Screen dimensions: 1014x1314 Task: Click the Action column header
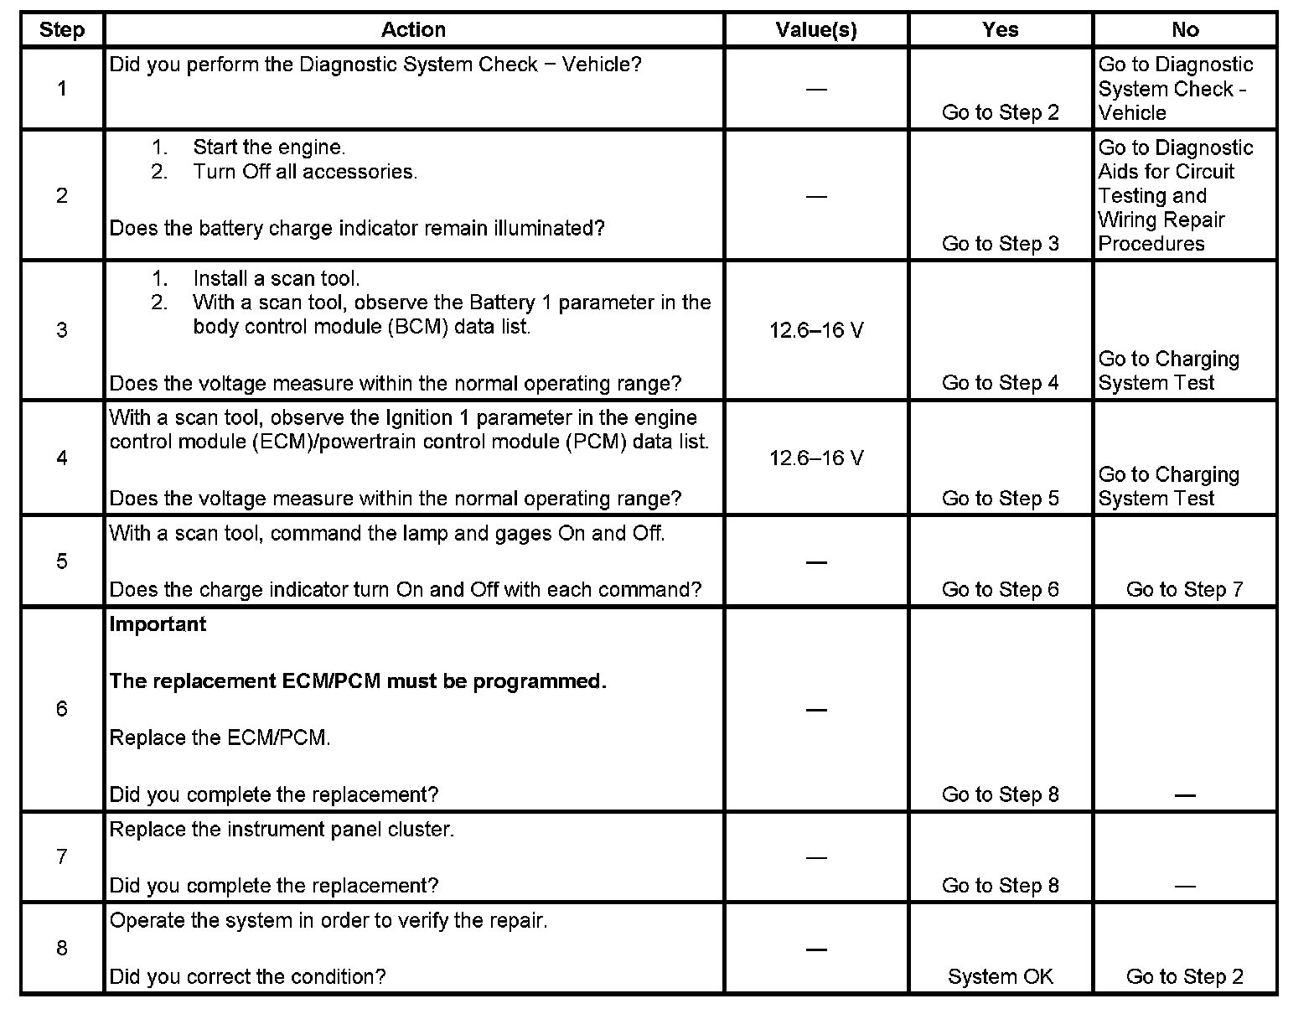[413, 30]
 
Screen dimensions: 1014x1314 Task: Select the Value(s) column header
[816, 30]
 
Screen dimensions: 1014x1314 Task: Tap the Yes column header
[1001, 30]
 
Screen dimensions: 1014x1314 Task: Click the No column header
[1185, 30]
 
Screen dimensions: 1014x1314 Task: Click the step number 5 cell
[62, 561]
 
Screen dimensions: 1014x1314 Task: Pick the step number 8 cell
[62, 948]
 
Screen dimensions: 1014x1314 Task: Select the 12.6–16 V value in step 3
[816, 331]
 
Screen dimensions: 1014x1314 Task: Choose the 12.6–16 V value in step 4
[816, 458]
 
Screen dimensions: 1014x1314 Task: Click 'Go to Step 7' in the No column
[1185, 590]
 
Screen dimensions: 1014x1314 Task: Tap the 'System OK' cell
[1001, 977]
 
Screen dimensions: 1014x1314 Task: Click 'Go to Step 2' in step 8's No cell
[1185, 977]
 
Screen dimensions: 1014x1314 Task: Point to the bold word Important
[158, 624]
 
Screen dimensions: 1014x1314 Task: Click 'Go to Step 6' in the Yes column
[1001, 590]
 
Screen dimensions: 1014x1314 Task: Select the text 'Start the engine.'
[269, 147]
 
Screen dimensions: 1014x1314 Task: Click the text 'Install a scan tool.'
[276, 279]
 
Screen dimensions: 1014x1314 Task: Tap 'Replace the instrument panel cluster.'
[282, 830]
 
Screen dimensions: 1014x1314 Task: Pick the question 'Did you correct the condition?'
[248, 977]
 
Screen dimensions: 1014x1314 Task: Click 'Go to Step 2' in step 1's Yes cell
[1001, 113]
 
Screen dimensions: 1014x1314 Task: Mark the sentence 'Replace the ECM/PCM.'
[220, 738]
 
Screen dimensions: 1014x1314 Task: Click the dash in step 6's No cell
[1185, 794]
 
